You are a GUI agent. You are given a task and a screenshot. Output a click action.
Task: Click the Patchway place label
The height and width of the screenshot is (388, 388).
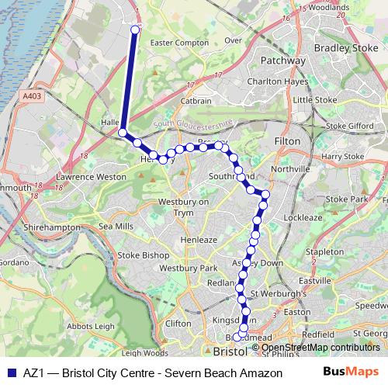[x=282, y=60]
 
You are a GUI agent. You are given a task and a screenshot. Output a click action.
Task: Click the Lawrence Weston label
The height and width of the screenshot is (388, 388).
[x=86, y=177]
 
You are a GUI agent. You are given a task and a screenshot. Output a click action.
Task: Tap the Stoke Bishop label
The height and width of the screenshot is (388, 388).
[x=143, y=255]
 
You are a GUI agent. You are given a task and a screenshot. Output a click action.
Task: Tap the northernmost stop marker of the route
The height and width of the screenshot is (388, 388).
[x=136, y=30]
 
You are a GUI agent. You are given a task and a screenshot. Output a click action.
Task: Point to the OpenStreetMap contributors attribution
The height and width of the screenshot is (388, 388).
[x=320, y=347]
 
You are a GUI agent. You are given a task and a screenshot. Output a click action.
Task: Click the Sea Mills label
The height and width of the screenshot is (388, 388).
[x=117, y=226]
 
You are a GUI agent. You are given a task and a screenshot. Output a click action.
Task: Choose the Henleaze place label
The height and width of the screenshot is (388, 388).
[x=199, y=241]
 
